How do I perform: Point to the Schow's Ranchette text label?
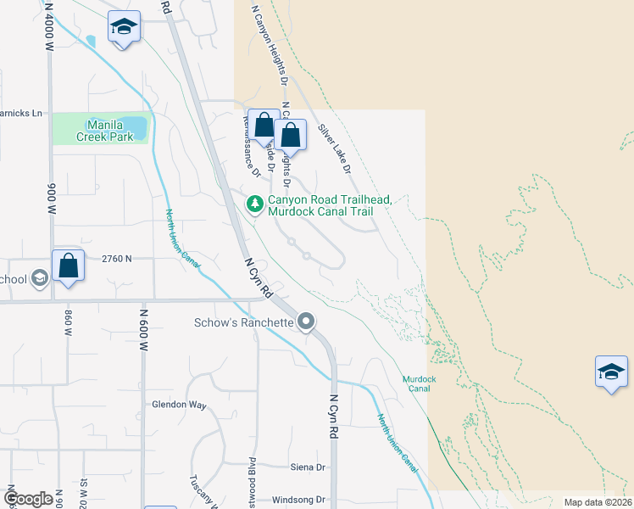coord(243,322)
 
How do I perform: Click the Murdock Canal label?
coord(417,383)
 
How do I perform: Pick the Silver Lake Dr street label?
coord(334,149)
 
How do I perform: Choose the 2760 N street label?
coord(117,258)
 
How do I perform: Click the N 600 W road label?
coord(144,331)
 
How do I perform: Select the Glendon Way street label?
coord(179,405)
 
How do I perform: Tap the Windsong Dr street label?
coord(299,500)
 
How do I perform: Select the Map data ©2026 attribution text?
coord(598,502)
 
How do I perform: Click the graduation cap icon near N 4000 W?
coord(124,27)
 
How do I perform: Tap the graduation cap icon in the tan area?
coord(612,372)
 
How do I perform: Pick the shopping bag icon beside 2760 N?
coord(69,265)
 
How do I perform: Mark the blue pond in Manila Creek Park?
coord(136,127)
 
